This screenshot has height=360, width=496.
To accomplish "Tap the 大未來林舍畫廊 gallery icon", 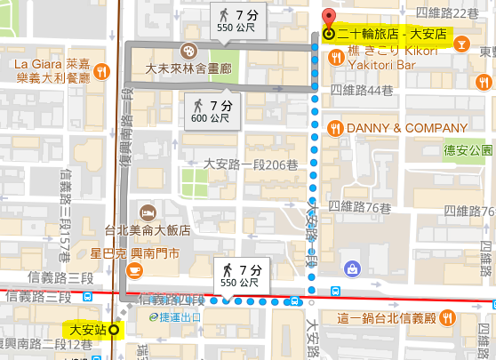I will click(x=188, y=51).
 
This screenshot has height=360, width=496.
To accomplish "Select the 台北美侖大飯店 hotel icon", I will click(x=148, y=212).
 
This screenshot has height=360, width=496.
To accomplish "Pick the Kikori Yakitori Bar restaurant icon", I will click(x=336, y=58).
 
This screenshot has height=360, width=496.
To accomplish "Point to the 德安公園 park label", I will click(x=468, y=150).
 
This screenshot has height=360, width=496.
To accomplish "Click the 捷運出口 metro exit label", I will click(x=182, y=316).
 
